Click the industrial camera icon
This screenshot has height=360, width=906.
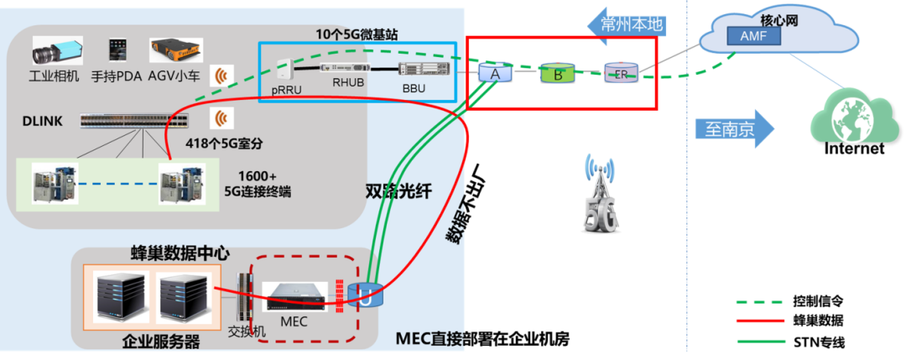(x=55, y=51)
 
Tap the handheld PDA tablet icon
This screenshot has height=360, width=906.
(x=117, y=50)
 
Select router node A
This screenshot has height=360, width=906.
(x=495, y=73)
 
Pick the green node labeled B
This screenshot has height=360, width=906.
(x=556, y=73)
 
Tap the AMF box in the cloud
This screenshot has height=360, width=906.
(x=747, y=36)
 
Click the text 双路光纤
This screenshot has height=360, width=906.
(x=398, y=191)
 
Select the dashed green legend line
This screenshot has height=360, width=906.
(x=760, y=301)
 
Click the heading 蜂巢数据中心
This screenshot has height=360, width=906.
(x=180, y=253)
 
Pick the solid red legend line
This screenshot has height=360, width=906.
(x=760, y=321)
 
